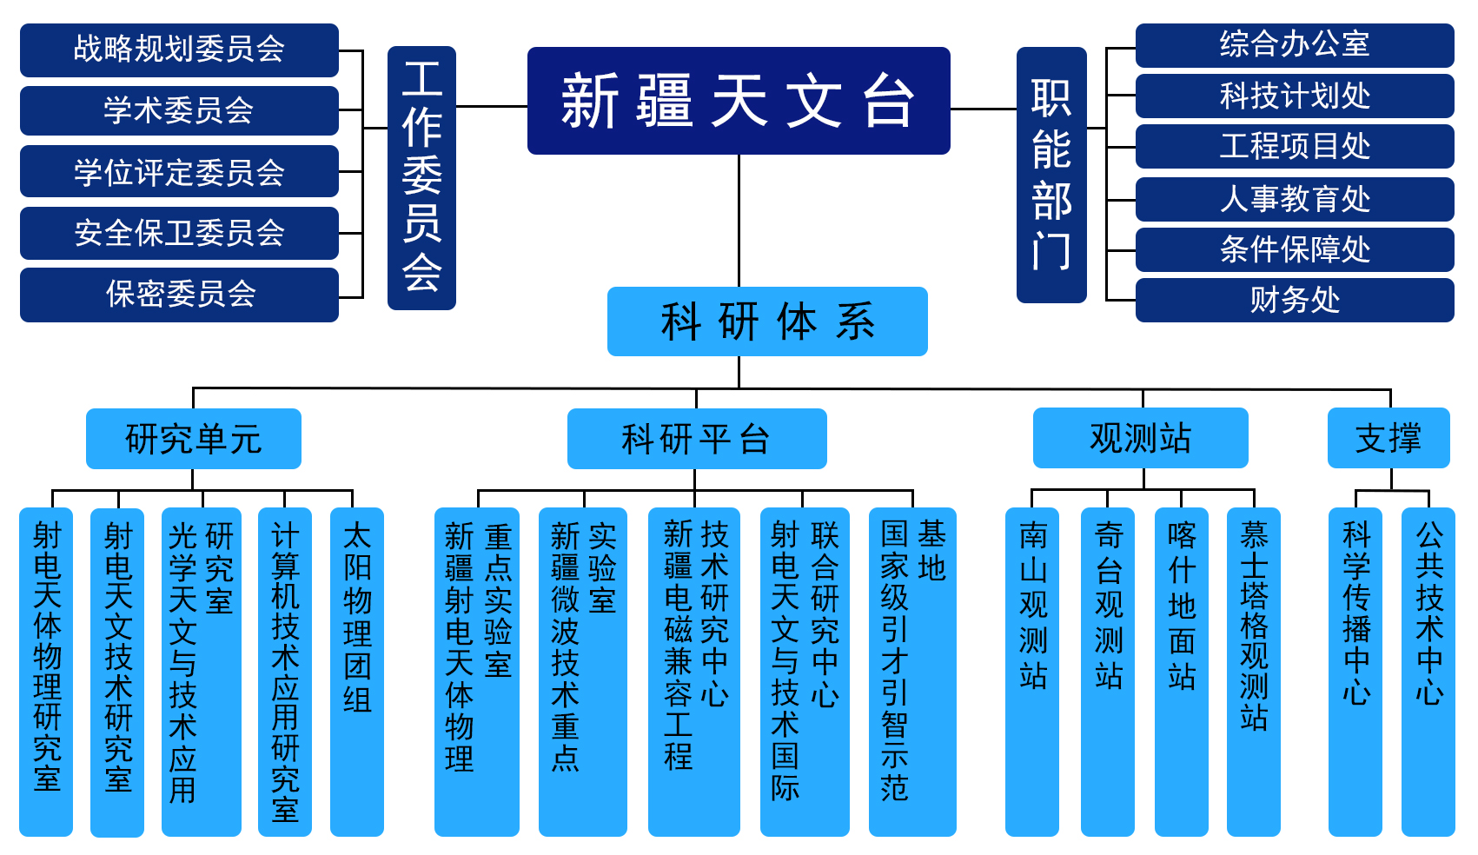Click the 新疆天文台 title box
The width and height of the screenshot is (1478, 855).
[739, 101]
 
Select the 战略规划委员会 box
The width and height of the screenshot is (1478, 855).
[179, 50]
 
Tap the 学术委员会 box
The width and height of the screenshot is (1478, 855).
[179, 110]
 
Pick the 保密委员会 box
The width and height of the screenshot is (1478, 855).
[179, 295]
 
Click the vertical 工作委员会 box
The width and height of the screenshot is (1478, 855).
[421, 177]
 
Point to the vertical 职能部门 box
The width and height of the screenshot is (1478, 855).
[1051, 175]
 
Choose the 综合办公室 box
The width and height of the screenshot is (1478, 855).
[1294, 45]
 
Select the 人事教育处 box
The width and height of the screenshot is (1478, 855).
[1294, 199]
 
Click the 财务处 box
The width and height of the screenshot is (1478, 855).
[1294, 300]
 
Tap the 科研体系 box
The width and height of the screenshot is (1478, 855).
[767, 321]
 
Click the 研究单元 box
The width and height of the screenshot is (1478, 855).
[193, 439]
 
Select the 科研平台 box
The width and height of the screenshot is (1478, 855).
[696, 439]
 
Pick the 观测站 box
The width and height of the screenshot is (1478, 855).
[1140, 438]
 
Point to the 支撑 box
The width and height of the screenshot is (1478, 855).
[1388, 438]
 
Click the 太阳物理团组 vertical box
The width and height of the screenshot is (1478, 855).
[357, 671]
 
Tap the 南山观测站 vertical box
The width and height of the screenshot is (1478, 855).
[1032, 671]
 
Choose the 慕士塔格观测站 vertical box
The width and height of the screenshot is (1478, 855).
[1253, 671]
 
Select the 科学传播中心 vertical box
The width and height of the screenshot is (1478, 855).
[1355, 671]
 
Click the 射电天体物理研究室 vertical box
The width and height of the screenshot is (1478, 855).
[46, 671]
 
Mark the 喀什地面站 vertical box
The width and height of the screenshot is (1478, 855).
[1181, 671]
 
